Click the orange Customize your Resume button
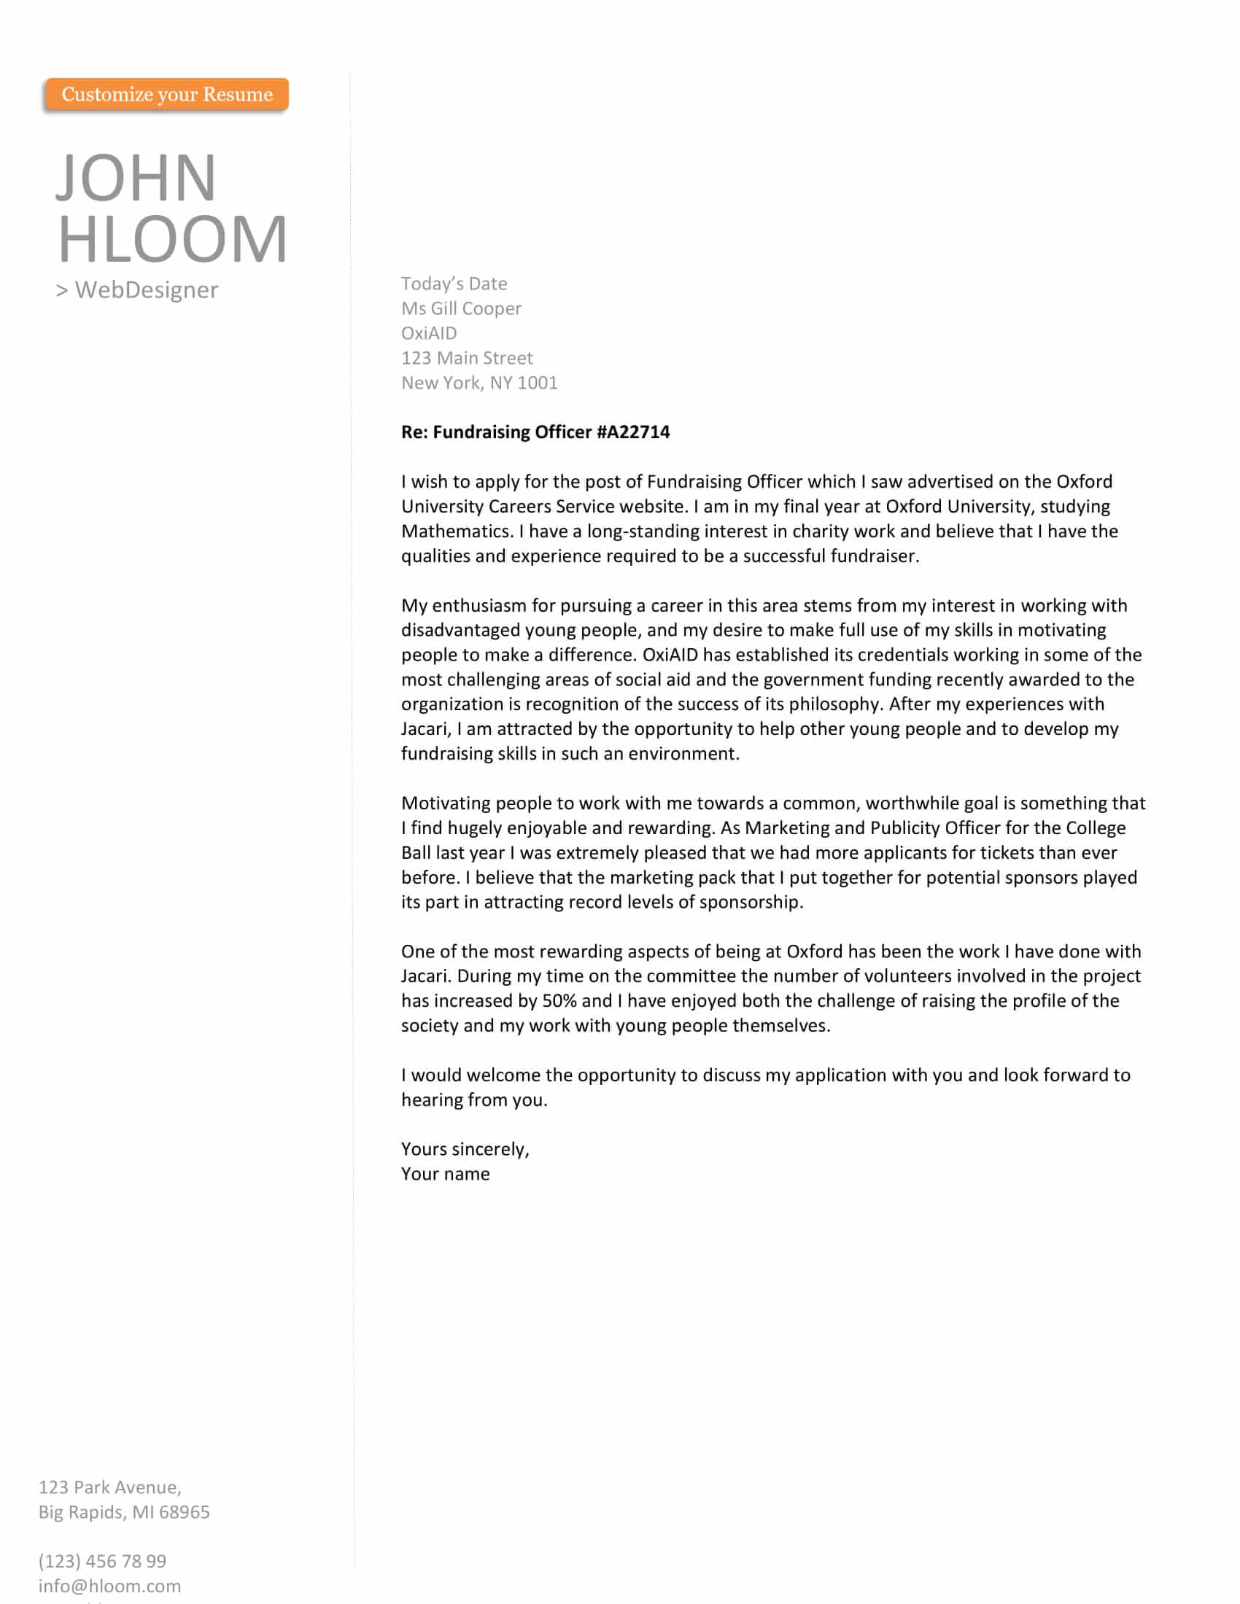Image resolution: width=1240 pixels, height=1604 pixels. click(167, 95)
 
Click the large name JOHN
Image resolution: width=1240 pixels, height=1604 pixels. click(136, 178)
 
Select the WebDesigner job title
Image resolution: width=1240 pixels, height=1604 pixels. click(146, 290)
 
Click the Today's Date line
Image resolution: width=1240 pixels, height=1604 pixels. click(454, 284)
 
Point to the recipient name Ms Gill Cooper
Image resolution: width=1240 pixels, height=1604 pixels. click(461, 308)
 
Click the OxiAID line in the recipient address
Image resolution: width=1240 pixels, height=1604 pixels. click(429, 333)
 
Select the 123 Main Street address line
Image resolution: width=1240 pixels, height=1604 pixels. click(468, 359)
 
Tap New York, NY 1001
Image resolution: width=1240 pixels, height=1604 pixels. click(479, 383)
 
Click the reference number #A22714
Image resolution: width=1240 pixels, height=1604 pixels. click(633, 432)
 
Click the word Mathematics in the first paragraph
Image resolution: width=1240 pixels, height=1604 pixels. click(456, 531)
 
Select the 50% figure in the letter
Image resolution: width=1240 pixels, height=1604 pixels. click(559, 1001)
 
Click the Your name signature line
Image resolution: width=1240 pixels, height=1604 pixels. click(445, 1175)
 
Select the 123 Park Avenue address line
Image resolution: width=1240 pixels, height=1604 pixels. click(109, 1487)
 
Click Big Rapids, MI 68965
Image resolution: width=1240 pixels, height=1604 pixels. click(124, 1512)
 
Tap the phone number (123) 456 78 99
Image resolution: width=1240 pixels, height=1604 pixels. click(102, 1561)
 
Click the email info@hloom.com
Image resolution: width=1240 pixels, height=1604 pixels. click(109, 1586)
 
